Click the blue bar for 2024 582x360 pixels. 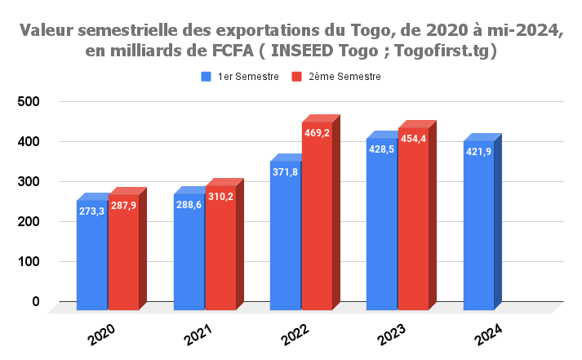(x=479, y=237)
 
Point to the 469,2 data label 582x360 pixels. (x=317, y=133)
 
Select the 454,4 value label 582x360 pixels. (x=413, y=139)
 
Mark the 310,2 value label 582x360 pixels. (x=220, y=197)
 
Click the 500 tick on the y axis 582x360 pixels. (x=29, y=101)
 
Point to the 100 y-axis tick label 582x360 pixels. (x=29, y=262)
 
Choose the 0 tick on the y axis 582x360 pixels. (x=36, y=302)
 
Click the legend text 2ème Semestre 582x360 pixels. (x=344, y=76)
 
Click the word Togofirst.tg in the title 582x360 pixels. (x=448, y=51)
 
